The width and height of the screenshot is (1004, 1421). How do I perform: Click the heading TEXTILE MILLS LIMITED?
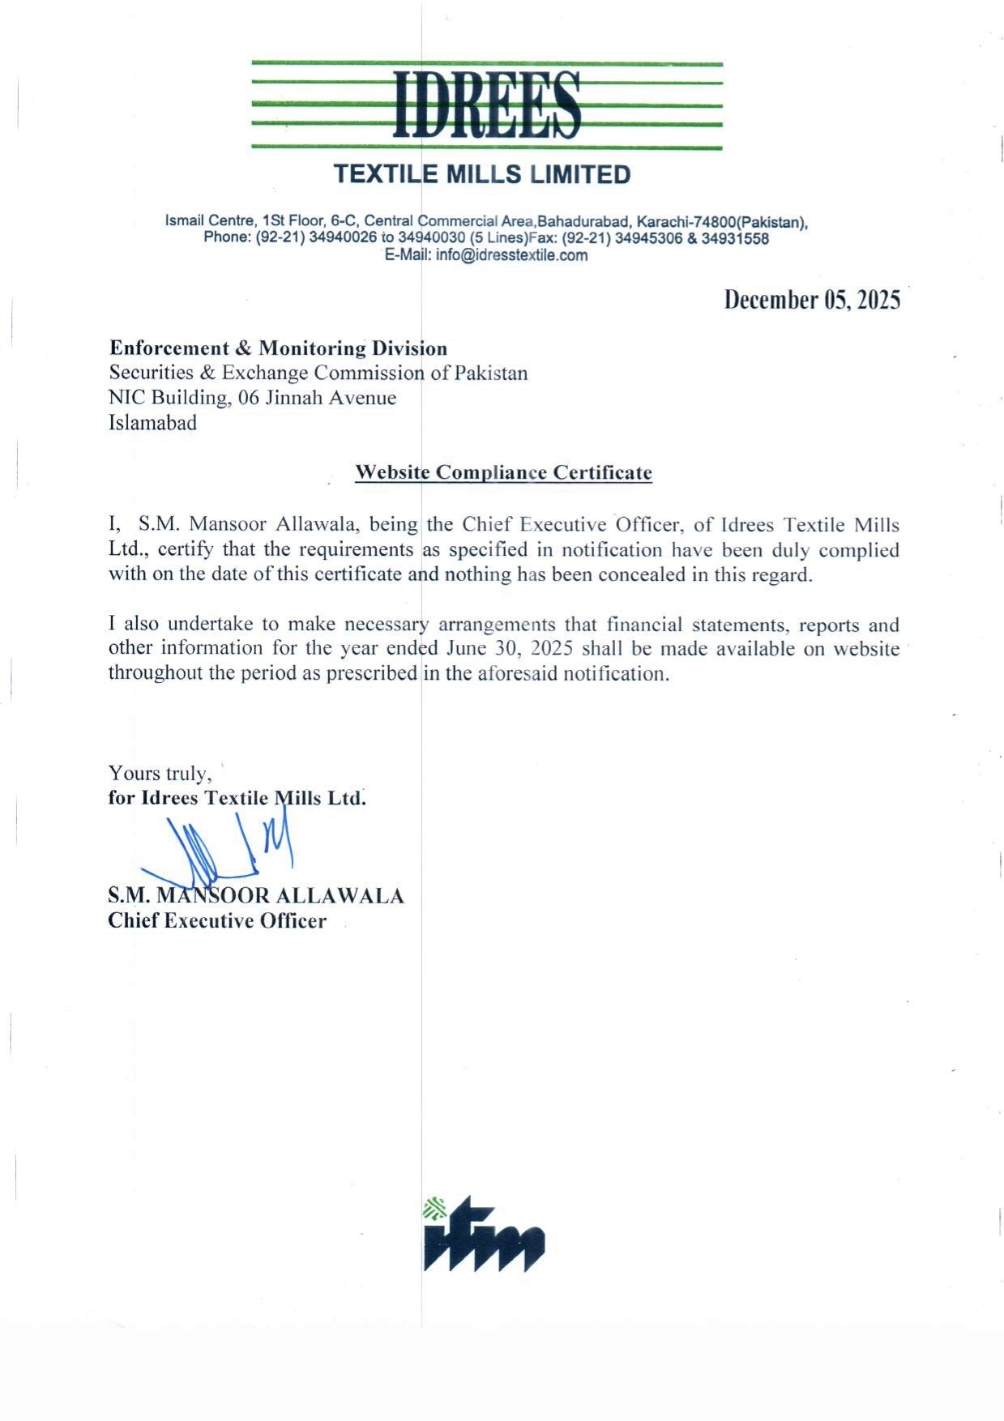pyautogui.click(x=482, y=174)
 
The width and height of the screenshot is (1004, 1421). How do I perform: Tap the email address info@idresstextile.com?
pyautogui.click(x=511, y=256)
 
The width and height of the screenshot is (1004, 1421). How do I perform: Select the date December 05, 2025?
pyautogui.click(x=812, y=300)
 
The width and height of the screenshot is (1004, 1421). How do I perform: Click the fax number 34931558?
pyautogui.click(x=735, y=239)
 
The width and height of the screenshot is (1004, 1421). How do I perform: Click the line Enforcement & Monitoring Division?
pyautogui.click(x=278, y=348)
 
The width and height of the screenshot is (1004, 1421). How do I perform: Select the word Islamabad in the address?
pyautogui.click(x=152, y=423)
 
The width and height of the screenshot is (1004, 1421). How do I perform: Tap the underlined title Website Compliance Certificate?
pyautogui.click(x=503, y=472)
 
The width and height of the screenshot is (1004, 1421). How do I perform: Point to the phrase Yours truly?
pyautogui.click(x=160, y=773)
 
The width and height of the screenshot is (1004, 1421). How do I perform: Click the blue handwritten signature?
pyautogui.click(x=227, y=851)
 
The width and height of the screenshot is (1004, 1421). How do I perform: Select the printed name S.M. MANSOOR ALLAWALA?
pyautogui.click(x=256, y=896)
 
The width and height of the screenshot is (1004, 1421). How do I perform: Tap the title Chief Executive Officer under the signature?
pyautogui.click(x=217, y=921)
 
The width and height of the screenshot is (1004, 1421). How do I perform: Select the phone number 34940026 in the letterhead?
pyautogui.click(x=343, y=239)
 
